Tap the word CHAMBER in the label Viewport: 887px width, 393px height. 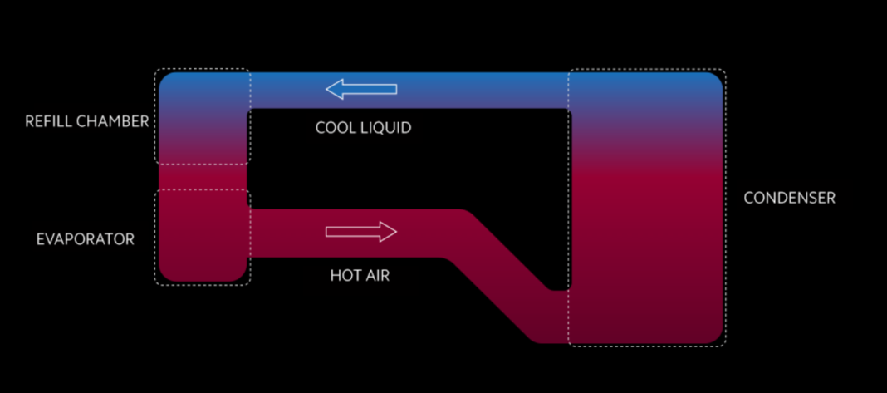(116, 122)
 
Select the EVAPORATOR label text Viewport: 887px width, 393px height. (85, 239)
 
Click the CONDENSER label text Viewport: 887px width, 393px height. (789, 198)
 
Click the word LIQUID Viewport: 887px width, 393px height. (388, 129)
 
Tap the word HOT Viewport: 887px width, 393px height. (345, 275)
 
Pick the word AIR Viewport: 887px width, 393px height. (376, 275)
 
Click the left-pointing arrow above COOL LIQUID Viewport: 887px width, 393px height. (361, 89)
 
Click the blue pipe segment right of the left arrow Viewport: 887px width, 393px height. (482, 90)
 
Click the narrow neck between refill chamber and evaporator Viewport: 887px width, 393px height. (203, 176)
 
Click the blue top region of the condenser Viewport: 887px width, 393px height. (645, 91)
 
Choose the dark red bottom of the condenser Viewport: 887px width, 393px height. (645, 320)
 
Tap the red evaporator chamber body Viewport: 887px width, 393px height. (203, 237)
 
